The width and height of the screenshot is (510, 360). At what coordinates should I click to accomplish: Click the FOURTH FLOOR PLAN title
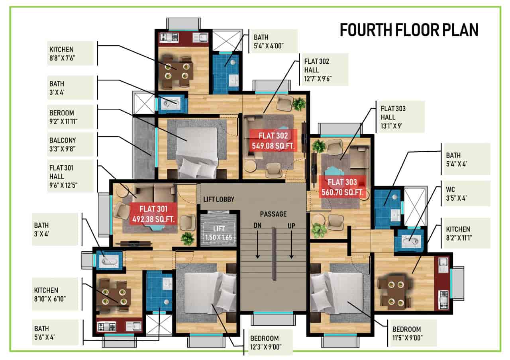(409, 30)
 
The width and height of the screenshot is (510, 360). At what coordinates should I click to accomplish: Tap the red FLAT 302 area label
(273, 140)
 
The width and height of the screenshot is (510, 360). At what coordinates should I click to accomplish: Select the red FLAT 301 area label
(153, 213)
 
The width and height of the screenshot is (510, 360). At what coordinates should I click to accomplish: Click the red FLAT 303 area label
(342, 187)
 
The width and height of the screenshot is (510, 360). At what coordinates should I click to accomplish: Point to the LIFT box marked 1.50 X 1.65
(219, 233)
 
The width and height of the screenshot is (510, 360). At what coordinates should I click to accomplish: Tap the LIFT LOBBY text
(219, 199)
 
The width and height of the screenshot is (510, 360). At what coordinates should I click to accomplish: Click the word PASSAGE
(273, 214)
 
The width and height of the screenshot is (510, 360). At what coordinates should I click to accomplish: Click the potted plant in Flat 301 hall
(187, 239)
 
